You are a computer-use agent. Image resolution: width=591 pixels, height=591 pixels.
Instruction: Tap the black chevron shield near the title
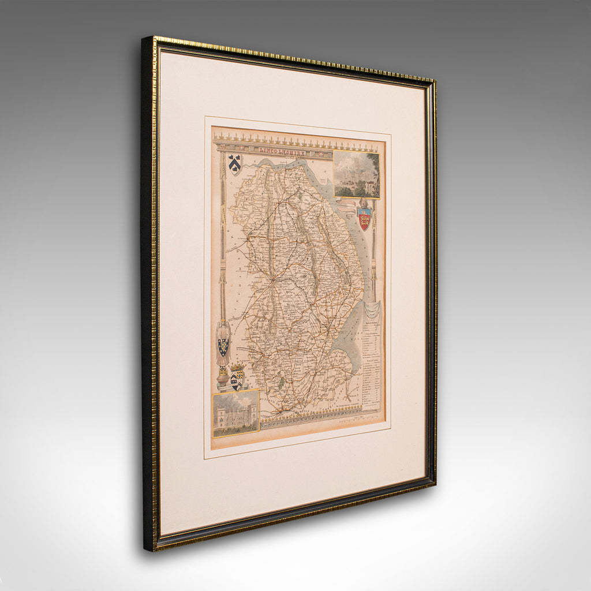click(234, 164)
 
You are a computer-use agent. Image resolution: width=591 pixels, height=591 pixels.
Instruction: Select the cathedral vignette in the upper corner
click(356, 174)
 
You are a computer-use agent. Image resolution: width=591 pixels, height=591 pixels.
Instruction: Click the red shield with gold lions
click(364, 219)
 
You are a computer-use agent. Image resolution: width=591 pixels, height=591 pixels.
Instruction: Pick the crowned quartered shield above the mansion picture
click(237, 379)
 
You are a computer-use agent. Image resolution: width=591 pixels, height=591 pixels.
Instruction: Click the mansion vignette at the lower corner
click(235, 413)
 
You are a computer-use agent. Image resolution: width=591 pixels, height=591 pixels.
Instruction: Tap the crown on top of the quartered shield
click(237, 367)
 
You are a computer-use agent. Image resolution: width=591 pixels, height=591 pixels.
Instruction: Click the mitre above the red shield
click(364, 204)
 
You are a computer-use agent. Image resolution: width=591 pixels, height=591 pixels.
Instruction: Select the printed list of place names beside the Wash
click(373, 364)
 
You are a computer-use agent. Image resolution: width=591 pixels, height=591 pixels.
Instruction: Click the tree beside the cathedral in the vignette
click(375, 167)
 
